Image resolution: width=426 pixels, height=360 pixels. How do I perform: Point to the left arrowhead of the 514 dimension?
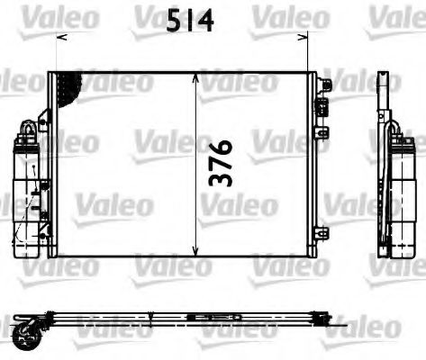[60, 38]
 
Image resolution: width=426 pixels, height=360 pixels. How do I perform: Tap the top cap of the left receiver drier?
[25, 133]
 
